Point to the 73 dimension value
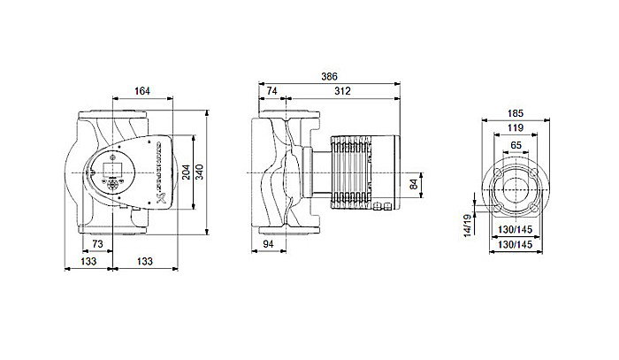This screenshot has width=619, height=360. click(x=98, y=244)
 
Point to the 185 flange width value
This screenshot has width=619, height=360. click(x=517, y=114)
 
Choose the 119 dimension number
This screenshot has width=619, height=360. click(x=517, y=127)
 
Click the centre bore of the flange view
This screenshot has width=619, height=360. click(x=517, y=188)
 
